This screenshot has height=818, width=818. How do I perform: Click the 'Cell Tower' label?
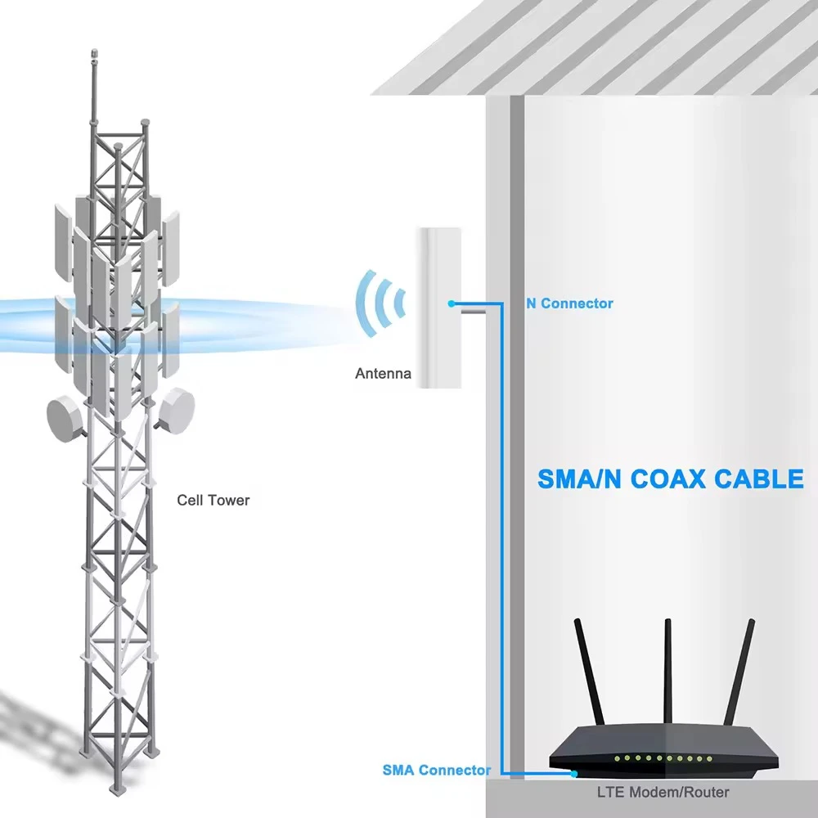coord(213,500)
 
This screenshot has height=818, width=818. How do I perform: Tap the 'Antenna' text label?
coord(383,374)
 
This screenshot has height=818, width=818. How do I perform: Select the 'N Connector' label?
coord(569,303)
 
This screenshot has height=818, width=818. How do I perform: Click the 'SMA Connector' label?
coord(437,770)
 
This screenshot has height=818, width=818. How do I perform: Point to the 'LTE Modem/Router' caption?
coord(663,792)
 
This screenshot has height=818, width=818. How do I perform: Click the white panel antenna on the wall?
coord(438,307)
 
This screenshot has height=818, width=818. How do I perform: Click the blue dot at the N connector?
coord(451,303)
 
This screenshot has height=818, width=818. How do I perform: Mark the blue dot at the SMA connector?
coord(575,773)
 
